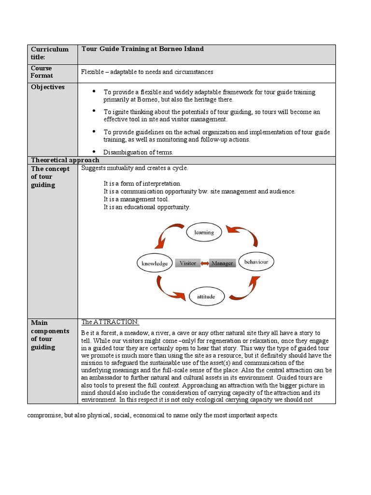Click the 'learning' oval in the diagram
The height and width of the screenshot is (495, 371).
pos(204,233)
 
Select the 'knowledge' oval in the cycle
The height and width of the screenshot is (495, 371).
pos(155,263)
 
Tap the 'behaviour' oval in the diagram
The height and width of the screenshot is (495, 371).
pos(256,262)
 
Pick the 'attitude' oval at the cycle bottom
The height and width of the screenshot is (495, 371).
pos(206,296)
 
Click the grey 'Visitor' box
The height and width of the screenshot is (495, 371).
pos(188,263)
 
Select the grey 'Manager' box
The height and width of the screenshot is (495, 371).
pos(222,263)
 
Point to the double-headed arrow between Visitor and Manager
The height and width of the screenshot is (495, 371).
pos(205,263)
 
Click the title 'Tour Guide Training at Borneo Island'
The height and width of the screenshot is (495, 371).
pos(143,49)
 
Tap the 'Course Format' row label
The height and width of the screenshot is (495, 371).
pos(42,72)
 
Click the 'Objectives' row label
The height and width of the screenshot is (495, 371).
pos(48,87)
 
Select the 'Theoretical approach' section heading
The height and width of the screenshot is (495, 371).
pos(65,160)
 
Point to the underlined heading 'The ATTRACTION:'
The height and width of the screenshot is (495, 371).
pos(110,322)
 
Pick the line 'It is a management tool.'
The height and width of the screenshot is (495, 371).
pos(136,199)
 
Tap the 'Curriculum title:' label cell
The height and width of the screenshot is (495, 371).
pos(50,53)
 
